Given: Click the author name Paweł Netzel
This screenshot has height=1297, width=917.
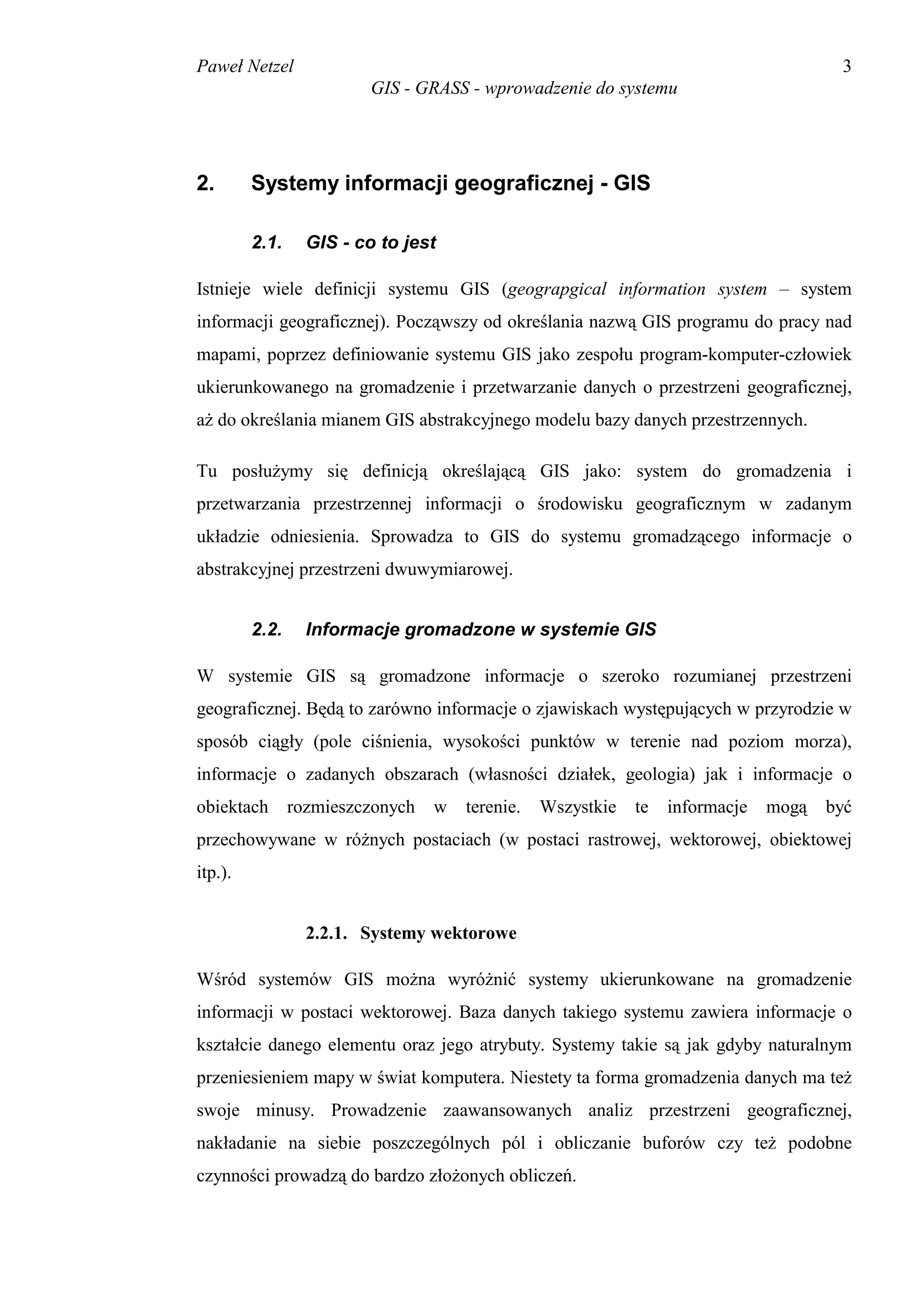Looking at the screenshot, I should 244,67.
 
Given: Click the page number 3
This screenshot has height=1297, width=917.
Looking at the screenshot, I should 846,67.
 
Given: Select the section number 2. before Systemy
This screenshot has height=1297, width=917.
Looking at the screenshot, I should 205,183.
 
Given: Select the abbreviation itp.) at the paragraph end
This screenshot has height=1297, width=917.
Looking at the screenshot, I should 214,872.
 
